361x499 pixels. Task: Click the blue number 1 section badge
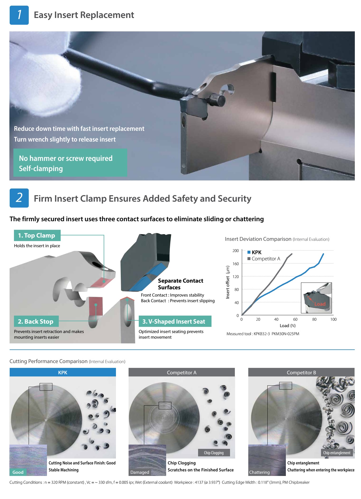19,15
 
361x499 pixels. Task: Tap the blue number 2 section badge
19,198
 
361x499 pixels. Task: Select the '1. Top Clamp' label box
37,235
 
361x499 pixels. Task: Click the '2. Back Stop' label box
36,321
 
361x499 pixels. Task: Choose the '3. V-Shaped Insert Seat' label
175,321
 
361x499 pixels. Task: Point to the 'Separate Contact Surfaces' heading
180,284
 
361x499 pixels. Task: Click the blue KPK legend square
249,252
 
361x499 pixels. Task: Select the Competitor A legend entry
264,258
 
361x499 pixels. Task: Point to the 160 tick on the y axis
235,264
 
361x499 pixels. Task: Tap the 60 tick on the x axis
295,319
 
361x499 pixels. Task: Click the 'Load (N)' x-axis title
288,326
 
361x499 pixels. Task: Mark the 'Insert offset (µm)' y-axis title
228,282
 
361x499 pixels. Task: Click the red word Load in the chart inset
320,304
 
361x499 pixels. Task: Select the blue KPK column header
63,372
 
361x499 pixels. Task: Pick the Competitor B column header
301,372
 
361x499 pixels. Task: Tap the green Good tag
18,472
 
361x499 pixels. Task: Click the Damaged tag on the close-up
140,472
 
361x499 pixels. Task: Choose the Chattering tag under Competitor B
259,472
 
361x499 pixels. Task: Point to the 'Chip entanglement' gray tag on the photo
337,453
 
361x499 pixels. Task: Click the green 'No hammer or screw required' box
70,163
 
